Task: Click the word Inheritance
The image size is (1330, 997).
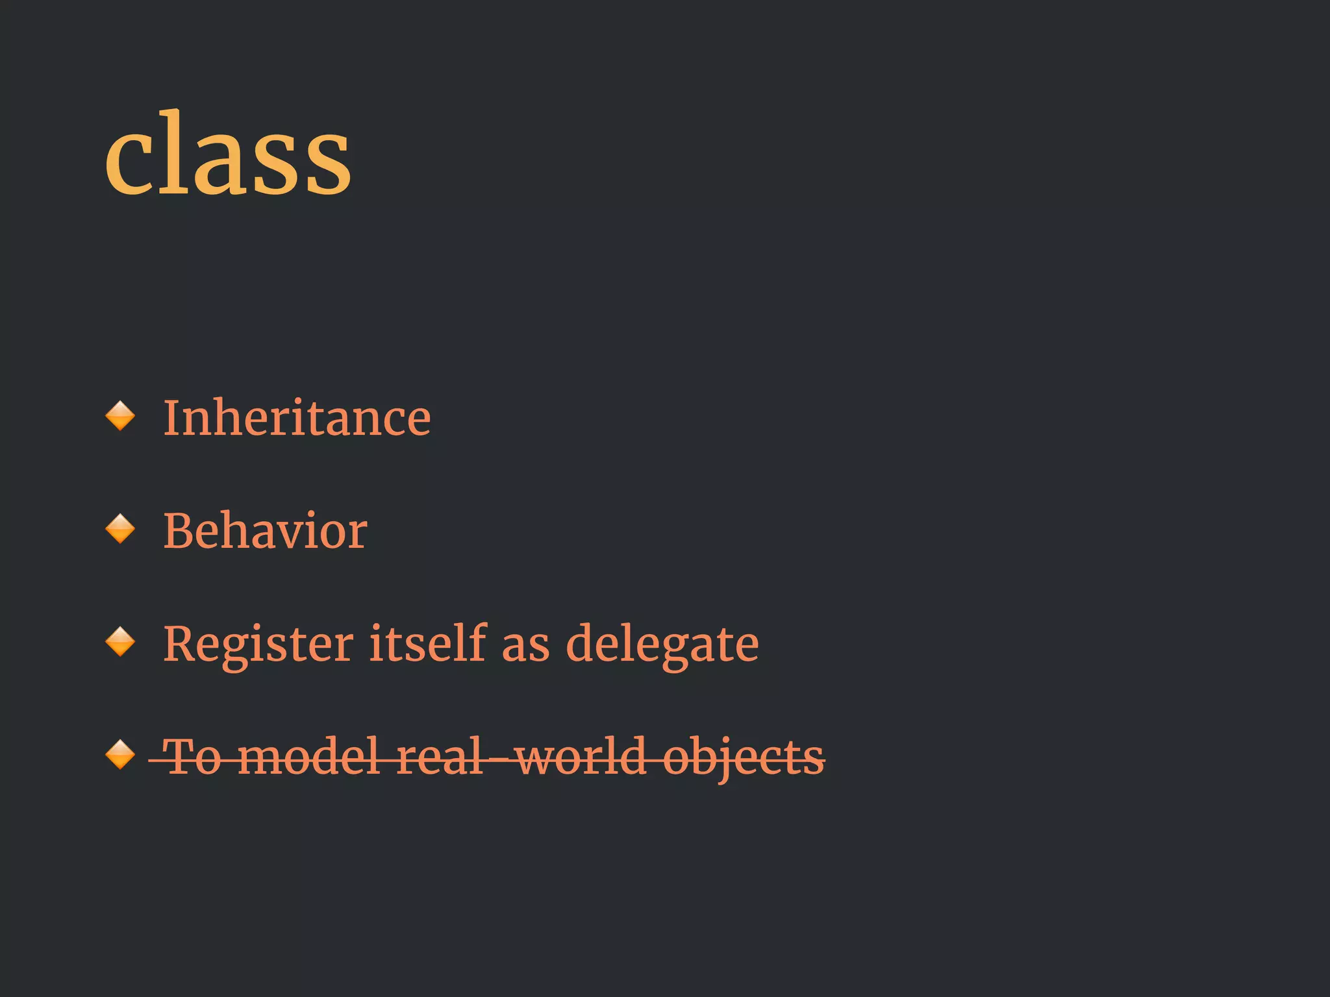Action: (x=297, y=418)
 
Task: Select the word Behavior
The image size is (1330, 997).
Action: (x=265, y=531)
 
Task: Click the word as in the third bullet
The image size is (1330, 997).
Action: (x=525, y=646)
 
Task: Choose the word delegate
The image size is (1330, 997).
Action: (x=662, y=644)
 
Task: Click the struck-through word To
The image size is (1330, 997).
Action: (x=193, y=757)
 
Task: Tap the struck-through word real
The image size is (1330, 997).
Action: (x=440, y=757)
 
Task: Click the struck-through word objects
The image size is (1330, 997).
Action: (x=744, y=758)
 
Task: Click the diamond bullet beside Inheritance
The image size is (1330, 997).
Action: (x=120, y=416)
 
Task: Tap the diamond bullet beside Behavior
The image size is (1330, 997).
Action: (x=120, y=529)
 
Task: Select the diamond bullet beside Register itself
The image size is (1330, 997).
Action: (x=120, y=642)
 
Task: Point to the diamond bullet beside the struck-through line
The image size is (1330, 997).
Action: (x=120, y=755)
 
